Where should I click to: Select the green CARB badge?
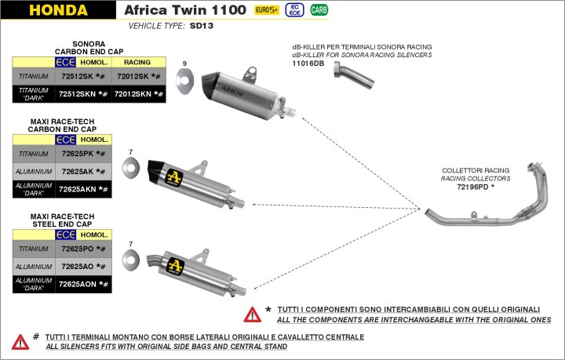319,10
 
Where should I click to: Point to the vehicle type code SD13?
202,25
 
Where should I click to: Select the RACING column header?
137,61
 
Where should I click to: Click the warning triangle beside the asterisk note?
252,315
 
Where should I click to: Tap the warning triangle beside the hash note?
20,341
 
